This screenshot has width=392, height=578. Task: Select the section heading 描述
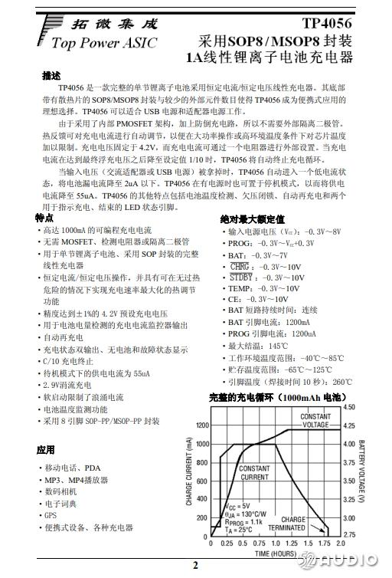[51, 75]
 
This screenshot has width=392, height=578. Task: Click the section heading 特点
[44, 218]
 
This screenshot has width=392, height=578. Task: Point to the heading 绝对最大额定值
[252, 219]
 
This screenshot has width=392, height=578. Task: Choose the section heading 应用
[45, 449]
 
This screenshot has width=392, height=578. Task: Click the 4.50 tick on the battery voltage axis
[349, 407]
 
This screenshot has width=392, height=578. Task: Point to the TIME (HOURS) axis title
[276, 553]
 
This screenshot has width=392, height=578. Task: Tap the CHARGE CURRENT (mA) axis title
[188, 471]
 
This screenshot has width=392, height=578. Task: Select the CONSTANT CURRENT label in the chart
[254, 472]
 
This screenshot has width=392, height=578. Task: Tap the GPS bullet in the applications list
[51, 515]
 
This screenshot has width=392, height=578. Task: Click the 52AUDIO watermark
[351, 563]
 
